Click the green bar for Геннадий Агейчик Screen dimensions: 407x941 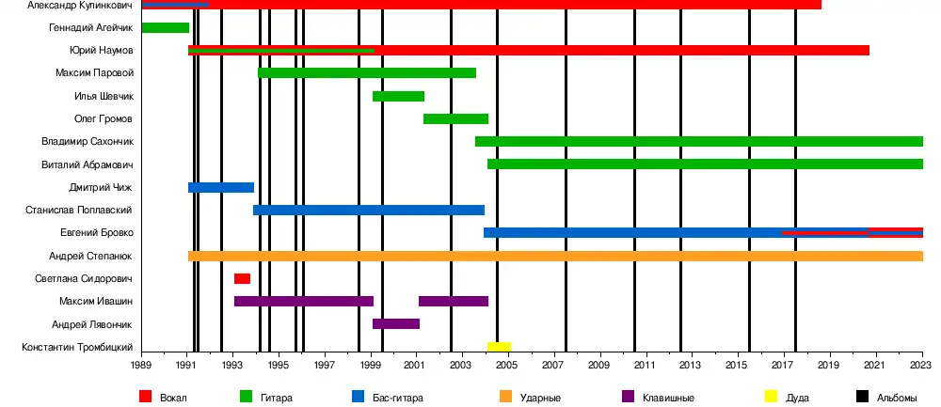click(165, 28)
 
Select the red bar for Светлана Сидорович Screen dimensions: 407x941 click(242, 278)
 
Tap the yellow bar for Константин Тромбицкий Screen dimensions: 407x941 click(499, 347)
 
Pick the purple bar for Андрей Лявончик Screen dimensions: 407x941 click(395, 324)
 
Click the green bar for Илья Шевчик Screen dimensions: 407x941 click(398, 96)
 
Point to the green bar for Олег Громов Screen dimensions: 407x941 click(455, 119)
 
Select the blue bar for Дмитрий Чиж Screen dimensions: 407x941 click(220, 187)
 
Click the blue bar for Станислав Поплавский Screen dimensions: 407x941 click(368, 210)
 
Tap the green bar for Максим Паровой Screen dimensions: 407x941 click(366, 73)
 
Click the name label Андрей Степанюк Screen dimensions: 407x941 click(90, 256)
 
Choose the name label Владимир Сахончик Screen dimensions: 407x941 click(88, 142)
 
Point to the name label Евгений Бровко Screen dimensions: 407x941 click(96, 233)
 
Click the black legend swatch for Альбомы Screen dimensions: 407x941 click(863, 397)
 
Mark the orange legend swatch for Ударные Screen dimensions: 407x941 click(506, 397)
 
